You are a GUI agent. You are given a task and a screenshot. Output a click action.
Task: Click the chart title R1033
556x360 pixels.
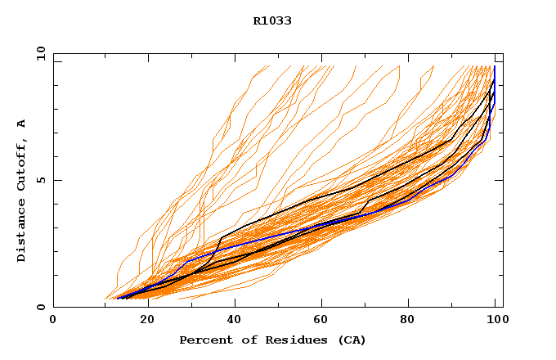click(272, 21)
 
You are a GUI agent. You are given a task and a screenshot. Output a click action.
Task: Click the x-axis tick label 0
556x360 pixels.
click(53, 321)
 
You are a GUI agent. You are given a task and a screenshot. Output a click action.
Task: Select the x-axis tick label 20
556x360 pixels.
click(141, 321)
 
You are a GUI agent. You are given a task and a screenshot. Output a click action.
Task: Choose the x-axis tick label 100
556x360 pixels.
click(495, 321)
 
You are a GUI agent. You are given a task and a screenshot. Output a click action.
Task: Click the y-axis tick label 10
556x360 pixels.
click(40, 55)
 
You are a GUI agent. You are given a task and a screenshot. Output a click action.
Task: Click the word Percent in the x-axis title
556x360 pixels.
click(202, 340)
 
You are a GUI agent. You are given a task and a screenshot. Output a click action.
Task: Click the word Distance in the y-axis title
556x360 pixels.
click(21, 235)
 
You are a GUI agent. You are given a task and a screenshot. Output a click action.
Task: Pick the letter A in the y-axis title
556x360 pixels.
click(21, 124)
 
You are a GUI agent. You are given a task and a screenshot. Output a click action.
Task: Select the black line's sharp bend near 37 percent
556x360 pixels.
click(221, 239)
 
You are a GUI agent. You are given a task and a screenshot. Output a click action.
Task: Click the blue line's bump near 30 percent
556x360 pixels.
click(189, 260)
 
